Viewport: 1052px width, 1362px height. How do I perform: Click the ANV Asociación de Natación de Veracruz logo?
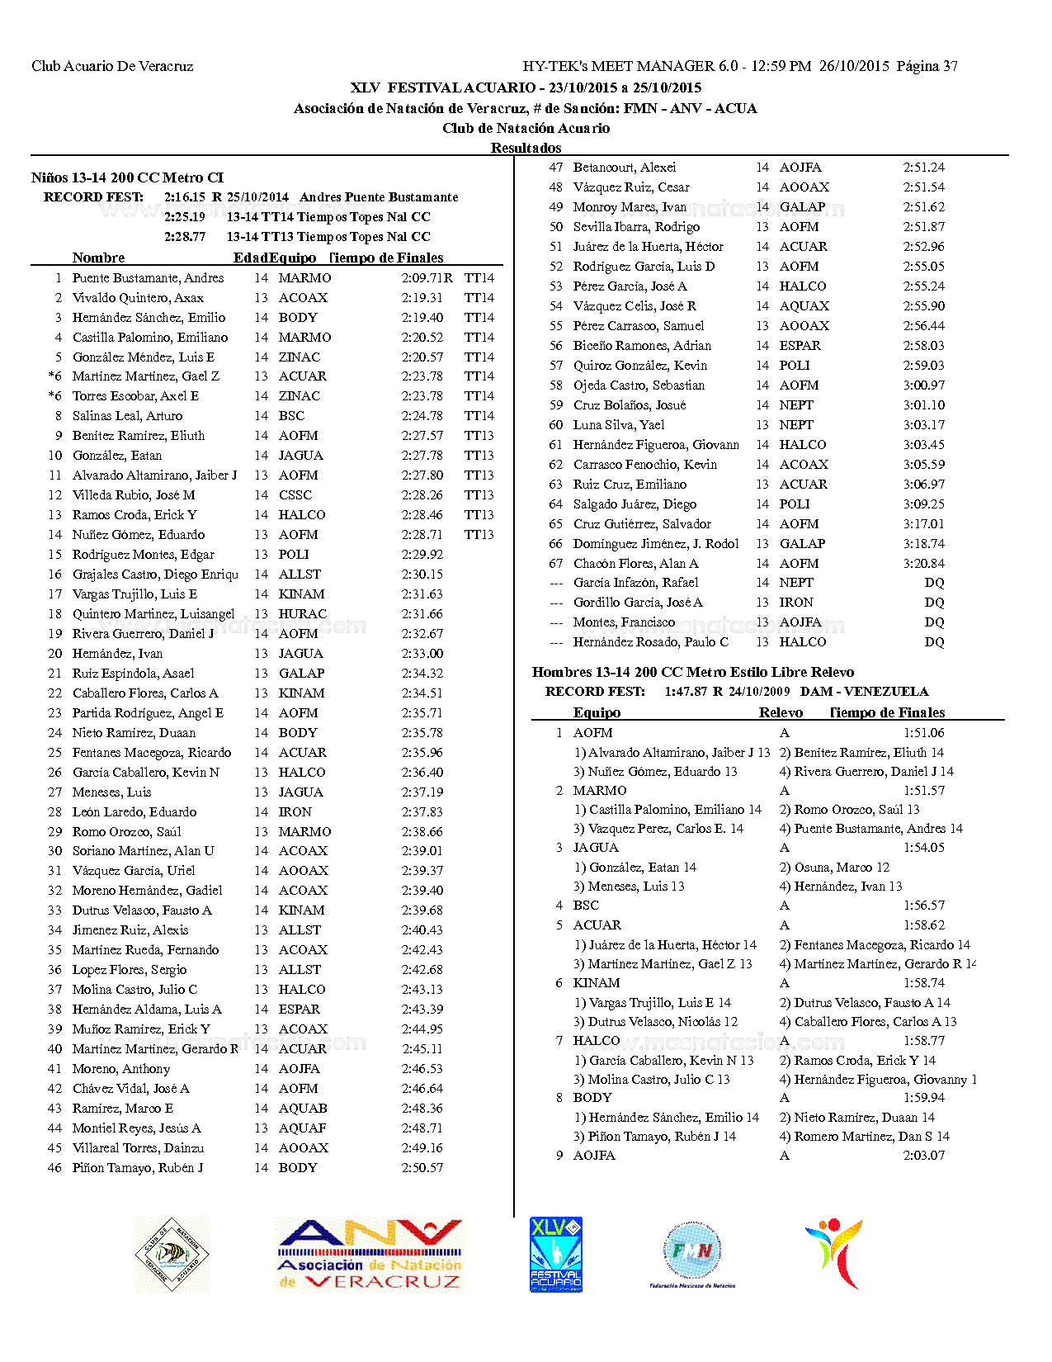click(370, 1255)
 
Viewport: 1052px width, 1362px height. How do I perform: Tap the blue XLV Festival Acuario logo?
click(555, 1254)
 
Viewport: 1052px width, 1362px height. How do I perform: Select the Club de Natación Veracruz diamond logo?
click(172, 1254)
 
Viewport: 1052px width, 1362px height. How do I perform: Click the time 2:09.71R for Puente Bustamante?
click(427, 278)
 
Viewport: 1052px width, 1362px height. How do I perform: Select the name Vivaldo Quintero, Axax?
click(138, 298)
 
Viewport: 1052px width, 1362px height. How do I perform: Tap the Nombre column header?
click(98, 258)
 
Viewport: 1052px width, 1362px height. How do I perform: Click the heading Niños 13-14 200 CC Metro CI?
click(127, 177)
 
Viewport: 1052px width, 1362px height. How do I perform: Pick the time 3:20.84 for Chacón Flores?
click(923, 564)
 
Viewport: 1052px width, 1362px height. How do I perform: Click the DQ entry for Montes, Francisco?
click(934, 622)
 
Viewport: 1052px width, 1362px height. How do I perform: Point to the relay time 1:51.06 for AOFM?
click(923, 733)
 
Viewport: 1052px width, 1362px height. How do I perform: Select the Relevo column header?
click(781, 712)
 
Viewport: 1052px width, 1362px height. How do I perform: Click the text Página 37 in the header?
click(927, 66)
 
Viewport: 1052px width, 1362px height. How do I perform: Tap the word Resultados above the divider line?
click(526, 148)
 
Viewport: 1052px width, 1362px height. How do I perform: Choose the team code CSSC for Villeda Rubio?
click(295, 495)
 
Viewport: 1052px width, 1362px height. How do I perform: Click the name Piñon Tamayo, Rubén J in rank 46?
click(138, 1168)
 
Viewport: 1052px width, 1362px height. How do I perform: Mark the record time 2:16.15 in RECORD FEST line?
click(185, 197)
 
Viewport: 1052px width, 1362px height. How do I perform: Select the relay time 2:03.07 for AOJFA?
click(923, 1156)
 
